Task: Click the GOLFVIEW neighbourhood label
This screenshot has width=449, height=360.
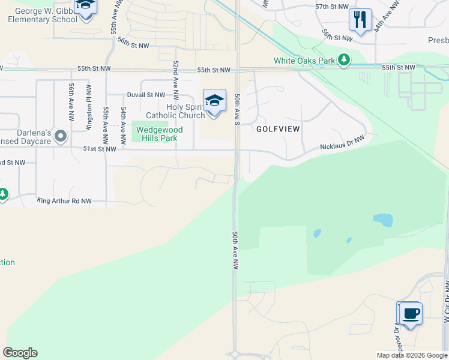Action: pyautogui.click(x=278, y=129)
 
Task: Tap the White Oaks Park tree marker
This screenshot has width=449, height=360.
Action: pyautogui.click(x=343, y=60)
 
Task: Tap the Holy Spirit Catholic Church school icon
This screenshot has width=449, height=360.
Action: pyautogui.click(x=214, y=100)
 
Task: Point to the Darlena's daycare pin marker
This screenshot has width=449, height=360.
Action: pyautogui.click(x=60, y=136)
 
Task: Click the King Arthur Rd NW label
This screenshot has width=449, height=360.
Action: pyautogui.click(x=64, y=201)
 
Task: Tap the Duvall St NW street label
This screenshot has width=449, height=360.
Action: pyautogui.click(x=146, y=95)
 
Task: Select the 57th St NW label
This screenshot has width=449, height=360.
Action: pyautogui.click(x=331, y=6)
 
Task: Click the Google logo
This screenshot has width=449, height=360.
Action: pyautogui.click(x=20, y=353)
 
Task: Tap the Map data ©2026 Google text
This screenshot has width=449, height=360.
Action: pyautogui.click(x=411, y=355)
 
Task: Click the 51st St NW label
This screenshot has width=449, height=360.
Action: pyautogui.click(x=99, y=149)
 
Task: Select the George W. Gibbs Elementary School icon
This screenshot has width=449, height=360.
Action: pyautogui.click(x=86, y=7)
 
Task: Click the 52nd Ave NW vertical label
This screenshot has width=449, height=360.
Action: pyautogui.click(x=176, y=77)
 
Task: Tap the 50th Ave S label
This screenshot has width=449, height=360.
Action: pyautogui.click(x=238, y=109)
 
